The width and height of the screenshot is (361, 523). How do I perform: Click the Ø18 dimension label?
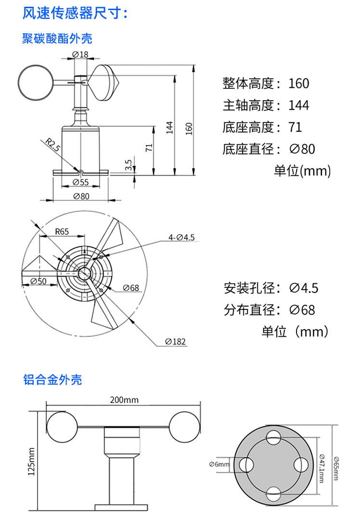[80, 54]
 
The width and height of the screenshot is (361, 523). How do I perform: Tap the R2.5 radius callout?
[52, 145]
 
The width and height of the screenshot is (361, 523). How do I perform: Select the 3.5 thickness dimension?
[129, 165]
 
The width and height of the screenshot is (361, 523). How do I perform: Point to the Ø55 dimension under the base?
[80, 182]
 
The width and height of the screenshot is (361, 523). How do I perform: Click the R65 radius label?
[62, 231]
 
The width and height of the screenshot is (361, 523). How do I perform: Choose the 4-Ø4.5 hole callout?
[181, 237]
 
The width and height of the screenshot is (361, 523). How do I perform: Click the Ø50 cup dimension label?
[39, 281]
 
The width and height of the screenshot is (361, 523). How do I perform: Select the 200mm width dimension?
[124, 400]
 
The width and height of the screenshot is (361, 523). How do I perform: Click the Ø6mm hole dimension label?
[219, 464]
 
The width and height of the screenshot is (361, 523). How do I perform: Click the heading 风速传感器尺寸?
[76, 13]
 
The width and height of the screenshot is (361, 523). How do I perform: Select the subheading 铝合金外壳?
[52, 380]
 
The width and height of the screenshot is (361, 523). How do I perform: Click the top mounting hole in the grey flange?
[274, 439]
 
